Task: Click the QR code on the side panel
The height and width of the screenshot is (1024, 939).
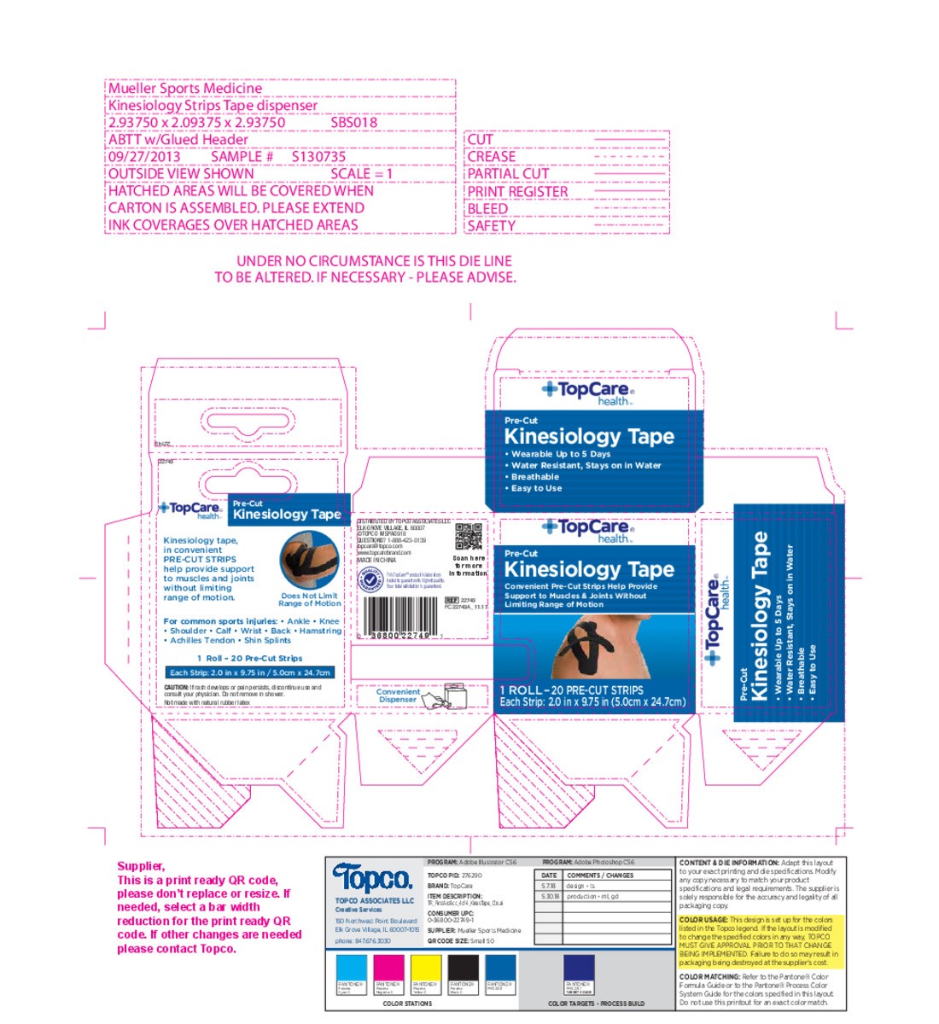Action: [x=469, y=537]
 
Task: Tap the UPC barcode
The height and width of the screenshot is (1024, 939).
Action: [x=397, y=613]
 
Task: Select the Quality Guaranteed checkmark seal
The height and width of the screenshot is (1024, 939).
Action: [x=370, y=579]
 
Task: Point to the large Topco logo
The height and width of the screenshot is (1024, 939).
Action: [x=372, y=878]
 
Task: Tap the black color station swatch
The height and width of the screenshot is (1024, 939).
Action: [x=464, y=970]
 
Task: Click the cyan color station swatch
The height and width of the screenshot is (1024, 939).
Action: [x=353, y=970]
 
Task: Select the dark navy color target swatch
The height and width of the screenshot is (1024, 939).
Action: [x=580, y=970]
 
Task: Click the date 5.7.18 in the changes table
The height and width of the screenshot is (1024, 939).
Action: [x=549, y=886]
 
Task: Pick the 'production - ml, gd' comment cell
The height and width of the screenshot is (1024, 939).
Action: [x=592, y=897]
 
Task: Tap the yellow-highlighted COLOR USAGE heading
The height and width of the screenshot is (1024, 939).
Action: [x=703, y=920]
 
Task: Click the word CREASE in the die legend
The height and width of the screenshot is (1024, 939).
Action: [x=492, y=157]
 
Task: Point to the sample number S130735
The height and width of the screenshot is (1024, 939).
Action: [x=318, y=157]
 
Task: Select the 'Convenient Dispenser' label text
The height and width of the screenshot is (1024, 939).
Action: [x=398, y=695]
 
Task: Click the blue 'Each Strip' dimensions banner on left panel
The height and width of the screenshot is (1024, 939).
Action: [x=249, y=672]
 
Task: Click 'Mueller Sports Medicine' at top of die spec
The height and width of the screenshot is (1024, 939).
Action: [x=185, y=89]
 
